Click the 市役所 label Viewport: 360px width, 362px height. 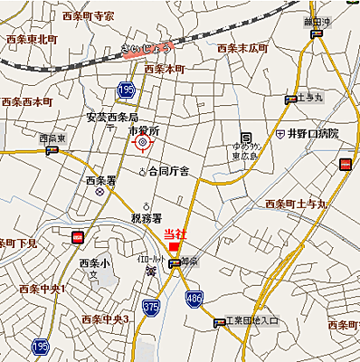(143, 131)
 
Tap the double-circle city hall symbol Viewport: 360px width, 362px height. (142, 144)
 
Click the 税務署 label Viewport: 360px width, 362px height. (146, 218)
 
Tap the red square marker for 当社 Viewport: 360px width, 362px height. (174, 247)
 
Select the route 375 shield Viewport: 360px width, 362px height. (150, 307)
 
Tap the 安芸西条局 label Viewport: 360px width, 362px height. (112, 118)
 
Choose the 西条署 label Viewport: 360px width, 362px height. (99, 180)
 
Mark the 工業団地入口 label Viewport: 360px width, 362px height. (252, 321)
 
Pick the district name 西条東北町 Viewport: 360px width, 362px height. (31, 39)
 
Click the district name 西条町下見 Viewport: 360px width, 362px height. (18, 243)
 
